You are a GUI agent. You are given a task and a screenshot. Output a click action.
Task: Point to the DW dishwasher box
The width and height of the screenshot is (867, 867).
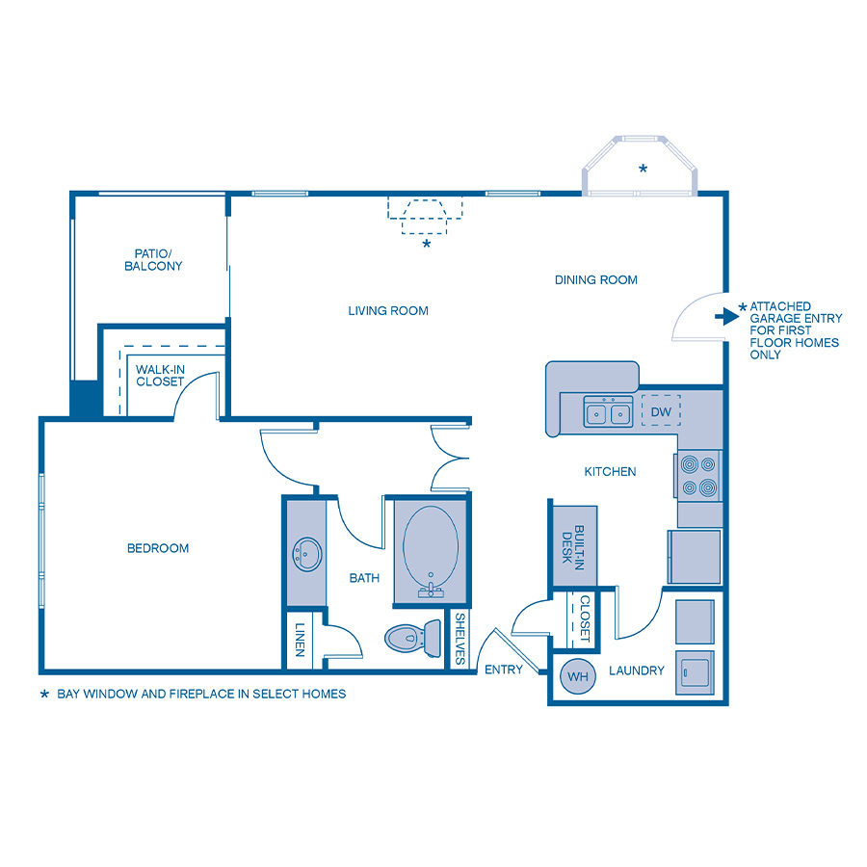coord(661,411)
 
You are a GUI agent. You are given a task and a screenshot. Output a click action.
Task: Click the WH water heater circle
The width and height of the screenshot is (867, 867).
coord(577,676)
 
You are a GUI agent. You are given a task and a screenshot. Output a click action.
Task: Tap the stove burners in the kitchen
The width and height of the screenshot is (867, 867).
coord(699,475)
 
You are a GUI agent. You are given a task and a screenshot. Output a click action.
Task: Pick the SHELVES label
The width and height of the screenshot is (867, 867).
coord(460,640)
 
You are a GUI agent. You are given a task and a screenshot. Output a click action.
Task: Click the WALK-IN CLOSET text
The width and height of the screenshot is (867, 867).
coord(160,375)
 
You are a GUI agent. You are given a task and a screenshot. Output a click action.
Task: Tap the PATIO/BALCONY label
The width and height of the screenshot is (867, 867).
coord(153,259)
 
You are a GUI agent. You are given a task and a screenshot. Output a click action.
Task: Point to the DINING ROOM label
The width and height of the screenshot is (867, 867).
coord(596,280)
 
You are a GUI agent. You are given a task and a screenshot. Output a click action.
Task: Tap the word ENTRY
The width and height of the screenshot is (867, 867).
coord(503,670)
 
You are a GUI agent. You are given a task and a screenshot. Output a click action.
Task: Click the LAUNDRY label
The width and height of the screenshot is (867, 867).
coord(637,670)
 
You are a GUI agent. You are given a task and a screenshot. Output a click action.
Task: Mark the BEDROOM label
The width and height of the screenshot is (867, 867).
coord(158,548)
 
